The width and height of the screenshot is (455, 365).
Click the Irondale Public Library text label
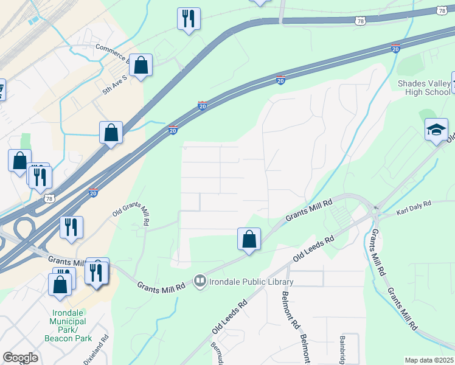click(251, 282)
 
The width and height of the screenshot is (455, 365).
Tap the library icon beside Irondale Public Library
click(200, 281)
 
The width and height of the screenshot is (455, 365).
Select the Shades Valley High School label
click(424, 88)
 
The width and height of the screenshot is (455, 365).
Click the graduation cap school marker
click(436, 130)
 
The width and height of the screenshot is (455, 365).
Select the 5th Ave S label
click(115, 85)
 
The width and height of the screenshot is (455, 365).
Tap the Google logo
click(20, 357)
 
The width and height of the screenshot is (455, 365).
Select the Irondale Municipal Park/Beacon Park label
click(68, 325)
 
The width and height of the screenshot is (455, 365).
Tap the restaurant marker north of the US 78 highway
click(189, 18)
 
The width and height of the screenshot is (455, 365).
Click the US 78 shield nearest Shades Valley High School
click(441, 11)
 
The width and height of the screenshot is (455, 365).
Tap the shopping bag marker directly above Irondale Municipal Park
click(60, 284)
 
